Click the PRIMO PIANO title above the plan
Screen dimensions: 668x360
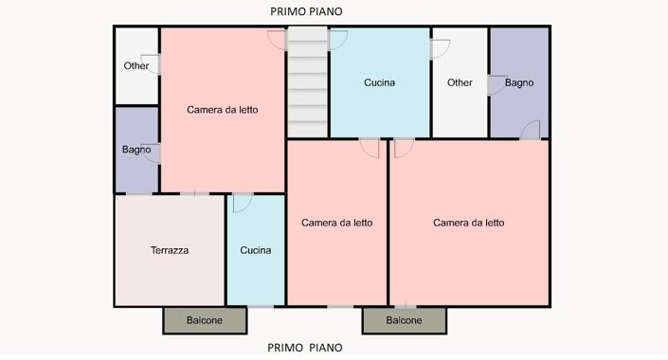pos(306,11)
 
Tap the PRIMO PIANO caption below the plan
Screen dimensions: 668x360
pos(305,348)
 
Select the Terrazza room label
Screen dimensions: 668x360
pos(170,250)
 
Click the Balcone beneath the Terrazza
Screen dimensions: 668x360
pos(205,320)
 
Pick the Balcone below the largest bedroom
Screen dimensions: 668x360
pos(405,320)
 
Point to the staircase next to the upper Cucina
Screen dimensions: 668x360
pos(308,82)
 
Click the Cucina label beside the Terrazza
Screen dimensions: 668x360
pos(256,250)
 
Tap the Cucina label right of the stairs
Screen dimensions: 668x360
pos(379,82)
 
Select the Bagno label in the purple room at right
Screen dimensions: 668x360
pos(519,82)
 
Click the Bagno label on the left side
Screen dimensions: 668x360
pos(136,150)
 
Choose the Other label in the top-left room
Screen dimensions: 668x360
pos(136,65)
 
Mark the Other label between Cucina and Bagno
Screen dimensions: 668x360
pos(460,82)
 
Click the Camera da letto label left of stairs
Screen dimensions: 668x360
pos(223,110)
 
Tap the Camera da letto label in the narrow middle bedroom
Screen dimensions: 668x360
pos(337,223)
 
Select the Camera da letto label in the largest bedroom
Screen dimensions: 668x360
pos(469,223)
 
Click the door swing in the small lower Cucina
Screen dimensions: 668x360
pos(243,203)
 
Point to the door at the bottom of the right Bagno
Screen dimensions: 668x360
pos(531,130)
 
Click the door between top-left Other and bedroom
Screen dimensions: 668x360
pos(151,64)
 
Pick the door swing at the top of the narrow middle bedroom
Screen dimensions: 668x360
pos(370,148)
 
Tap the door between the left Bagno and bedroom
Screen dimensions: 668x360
pos(151,153)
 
